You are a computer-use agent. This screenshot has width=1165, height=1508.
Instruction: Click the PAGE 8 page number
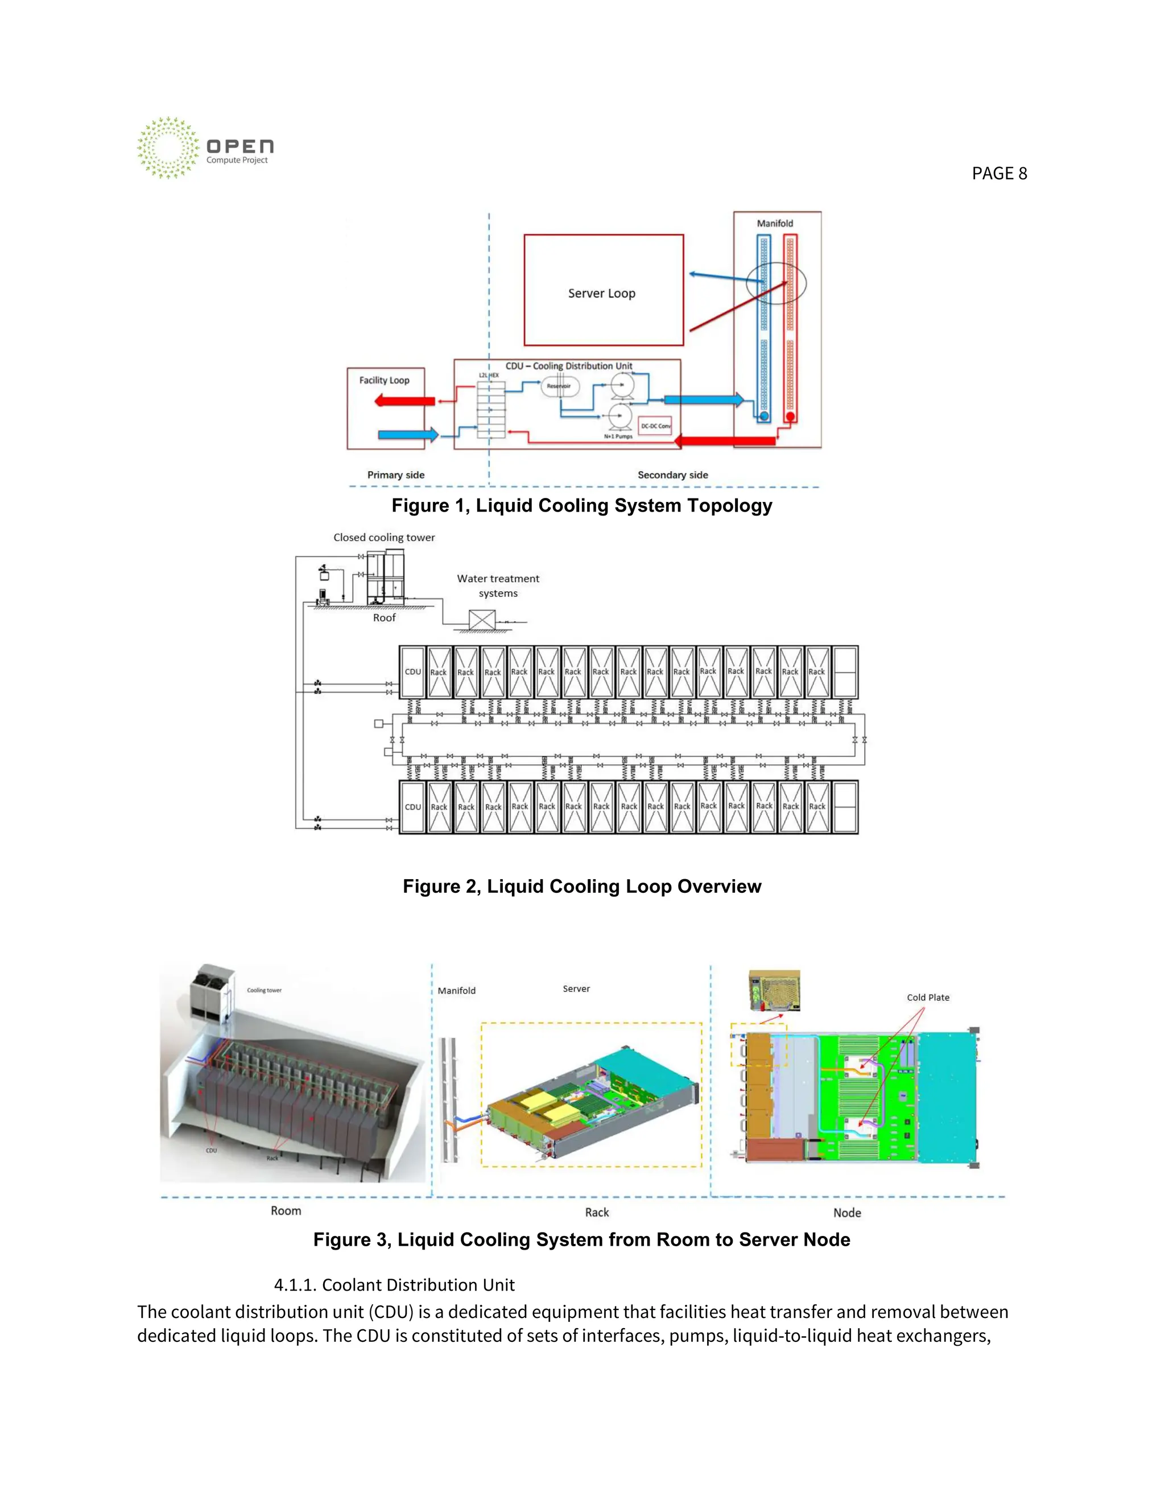999,174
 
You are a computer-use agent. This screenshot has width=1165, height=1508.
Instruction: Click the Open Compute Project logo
204,148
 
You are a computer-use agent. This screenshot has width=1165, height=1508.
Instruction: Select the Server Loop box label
602,294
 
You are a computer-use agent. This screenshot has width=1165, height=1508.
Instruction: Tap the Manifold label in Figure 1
774,224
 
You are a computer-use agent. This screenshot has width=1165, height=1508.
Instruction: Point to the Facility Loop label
384,381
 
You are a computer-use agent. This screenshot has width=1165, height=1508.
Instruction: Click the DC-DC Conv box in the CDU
655,426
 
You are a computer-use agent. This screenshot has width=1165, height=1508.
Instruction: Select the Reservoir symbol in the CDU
559,386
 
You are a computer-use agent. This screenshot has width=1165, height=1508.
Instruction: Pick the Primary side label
395,475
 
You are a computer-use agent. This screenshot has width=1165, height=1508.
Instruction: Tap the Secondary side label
672,475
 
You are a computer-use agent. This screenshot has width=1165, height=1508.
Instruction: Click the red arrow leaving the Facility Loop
404,401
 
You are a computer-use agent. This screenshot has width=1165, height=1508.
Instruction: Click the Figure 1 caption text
582,505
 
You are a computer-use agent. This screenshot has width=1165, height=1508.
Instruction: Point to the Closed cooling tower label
384,537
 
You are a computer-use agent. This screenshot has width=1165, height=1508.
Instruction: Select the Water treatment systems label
498,586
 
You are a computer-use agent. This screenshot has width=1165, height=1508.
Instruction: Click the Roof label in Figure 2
384,618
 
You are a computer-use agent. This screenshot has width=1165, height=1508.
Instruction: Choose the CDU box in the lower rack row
413,807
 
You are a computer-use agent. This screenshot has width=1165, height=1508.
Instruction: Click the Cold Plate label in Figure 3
928,998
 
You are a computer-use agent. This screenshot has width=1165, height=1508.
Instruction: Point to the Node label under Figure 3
847,1213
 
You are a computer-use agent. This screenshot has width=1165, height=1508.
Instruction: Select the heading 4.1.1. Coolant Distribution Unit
394,1285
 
